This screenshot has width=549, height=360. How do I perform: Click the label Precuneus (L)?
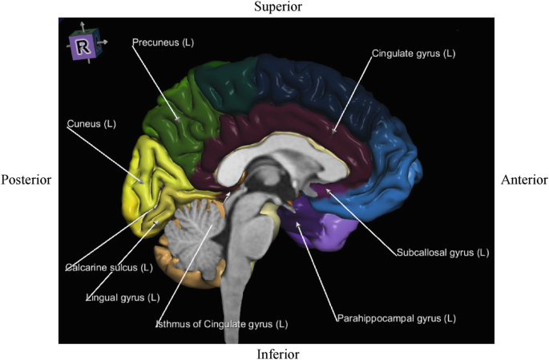(163, 41)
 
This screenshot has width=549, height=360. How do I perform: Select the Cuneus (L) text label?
(91, 124)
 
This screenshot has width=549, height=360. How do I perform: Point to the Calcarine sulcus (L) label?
(108, 267)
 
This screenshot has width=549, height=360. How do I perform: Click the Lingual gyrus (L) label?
(123, 298)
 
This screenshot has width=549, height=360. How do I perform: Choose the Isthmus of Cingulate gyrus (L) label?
(222, 324)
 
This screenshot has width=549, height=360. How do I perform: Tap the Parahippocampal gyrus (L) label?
(395, 318)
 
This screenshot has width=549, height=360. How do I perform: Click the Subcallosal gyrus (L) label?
(442, 253)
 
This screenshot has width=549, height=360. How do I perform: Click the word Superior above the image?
(277, 7)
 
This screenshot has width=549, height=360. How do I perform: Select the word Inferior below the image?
(278, 354)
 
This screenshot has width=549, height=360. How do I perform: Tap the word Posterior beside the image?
(26, 180)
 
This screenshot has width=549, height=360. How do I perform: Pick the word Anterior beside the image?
(524, 180)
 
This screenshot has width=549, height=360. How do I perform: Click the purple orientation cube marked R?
(82, 47)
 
